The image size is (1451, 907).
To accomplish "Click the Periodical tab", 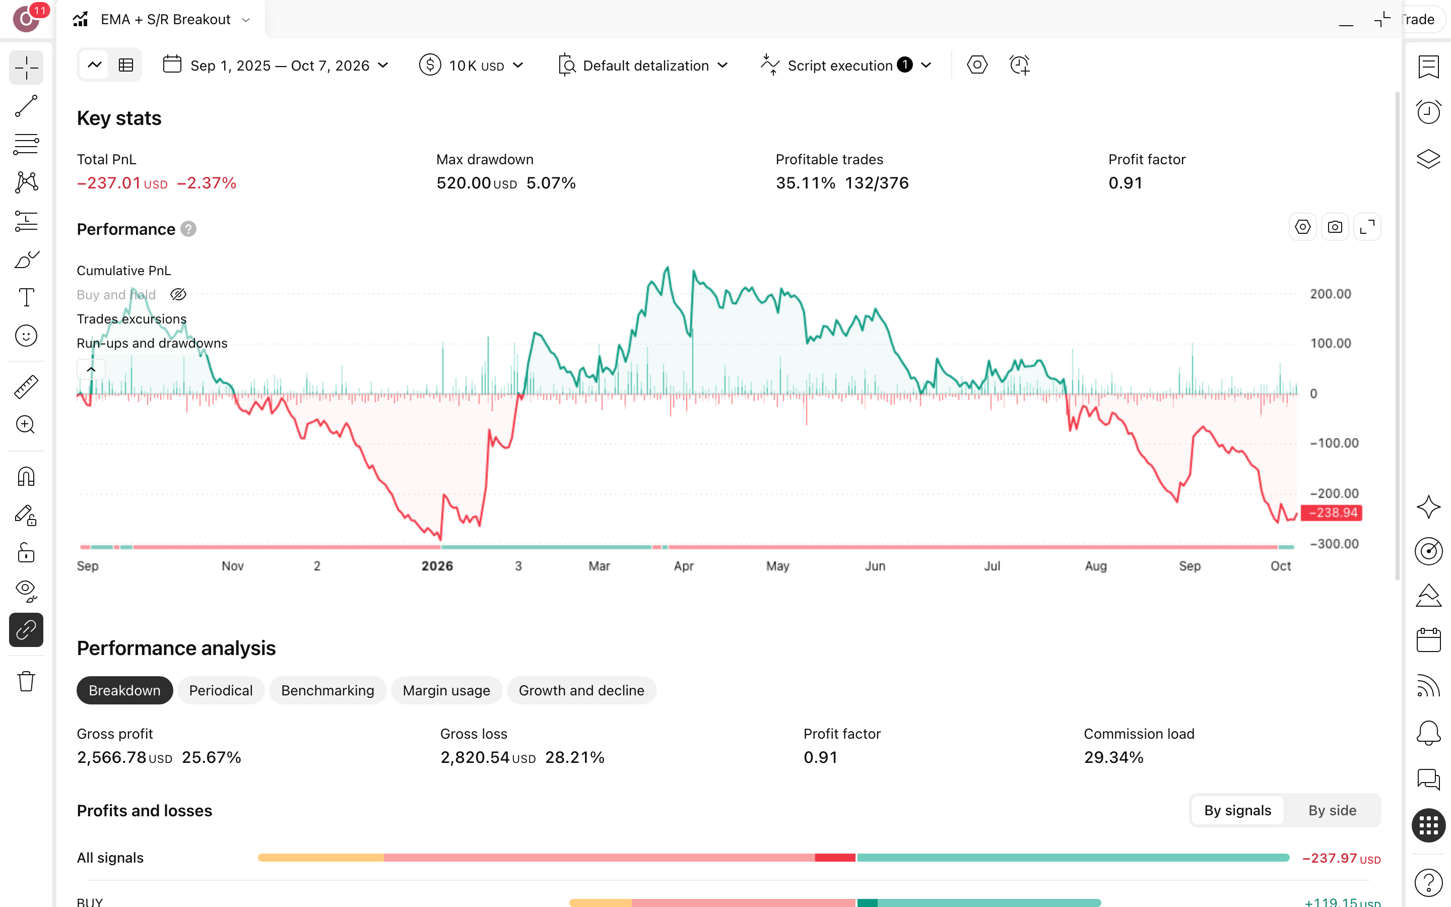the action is click(221, 690).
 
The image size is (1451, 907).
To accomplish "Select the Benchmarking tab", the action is click(327, 690).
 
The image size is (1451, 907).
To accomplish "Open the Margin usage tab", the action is click(446, 690).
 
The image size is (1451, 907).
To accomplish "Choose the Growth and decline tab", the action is click(581, 690).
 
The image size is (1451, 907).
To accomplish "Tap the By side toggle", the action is click(1332, 810).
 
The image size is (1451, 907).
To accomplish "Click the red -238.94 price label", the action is click(1332, 513).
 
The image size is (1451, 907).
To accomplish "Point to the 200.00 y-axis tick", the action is click(1330, 294).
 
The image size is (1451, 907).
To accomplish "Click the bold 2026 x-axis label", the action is click(437, 566).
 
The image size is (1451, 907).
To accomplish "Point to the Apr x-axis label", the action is click(684, 566).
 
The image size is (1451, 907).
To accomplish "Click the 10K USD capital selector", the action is click(471, 66).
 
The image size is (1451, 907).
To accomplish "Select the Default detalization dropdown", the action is click(643, 66).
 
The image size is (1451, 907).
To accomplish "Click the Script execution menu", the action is click(846, 66).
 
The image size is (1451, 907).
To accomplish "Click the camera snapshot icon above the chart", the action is click(1335, 227).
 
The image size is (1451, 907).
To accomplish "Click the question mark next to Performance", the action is click(188, 229).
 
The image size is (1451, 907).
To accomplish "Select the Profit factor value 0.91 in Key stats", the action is click(1125, 183).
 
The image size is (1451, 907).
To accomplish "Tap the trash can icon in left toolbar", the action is click(26, 681).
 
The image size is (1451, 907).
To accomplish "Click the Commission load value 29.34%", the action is click(1113, 758).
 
